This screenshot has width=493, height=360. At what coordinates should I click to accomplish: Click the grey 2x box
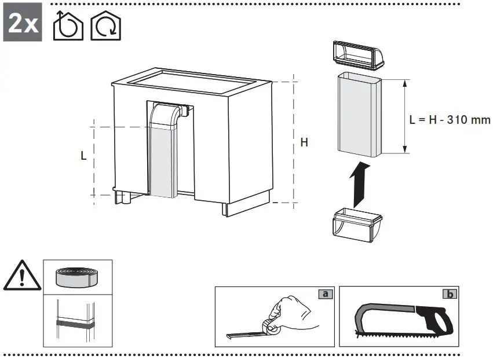23,25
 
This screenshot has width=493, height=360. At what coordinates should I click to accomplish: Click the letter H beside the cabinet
304,143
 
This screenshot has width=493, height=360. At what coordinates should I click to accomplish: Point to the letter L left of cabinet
84,155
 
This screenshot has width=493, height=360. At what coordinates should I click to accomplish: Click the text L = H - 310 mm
450,120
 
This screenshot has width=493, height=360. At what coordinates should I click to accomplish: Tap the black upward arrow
360,184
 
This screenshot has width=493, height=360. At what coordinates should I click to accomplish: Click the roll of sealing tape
77,277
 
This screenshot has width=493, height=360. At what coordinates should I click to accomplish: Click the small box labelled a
326,294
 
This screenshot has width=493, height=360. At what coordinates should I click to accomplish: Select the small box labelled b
449,294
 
